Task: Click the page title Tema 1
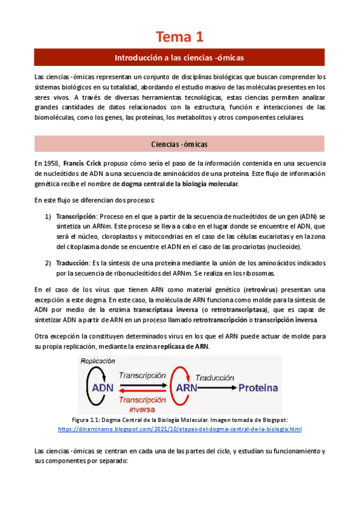coord(179,37)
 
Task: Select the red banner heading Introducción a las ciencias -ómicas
coord(179,58)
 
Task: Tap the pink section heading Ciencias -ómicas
coord(179,144)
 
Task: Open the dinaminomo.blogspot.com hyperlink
coord(179,430)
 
